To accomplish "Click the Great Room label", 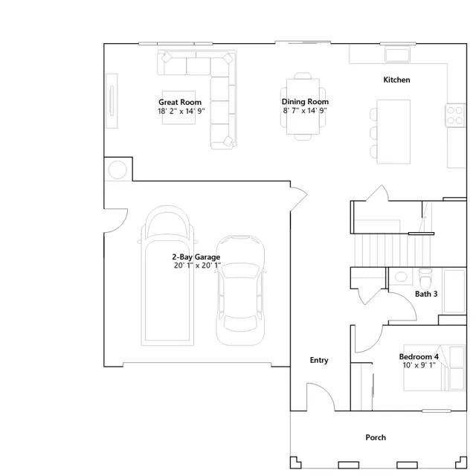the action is point(180,102).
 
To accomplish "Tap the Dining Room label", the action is point(305,101).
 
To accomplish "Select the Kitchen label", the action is point(396,80).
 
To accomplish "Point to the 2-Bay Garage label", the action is point(196,257).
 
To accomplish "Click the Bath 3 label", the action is point(426,294).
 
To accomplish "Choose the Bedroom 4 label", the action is point(419,356).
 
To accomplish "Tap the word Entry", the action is point(319,360).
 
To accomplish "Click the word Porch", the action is point(376,437).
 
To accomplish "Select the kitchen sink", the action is point(397,54).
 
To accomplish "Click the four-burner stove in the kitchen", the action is point(455,115).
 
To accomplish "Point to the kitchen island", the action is point(393,132).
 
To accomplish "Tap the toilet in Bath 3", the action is point(425,279).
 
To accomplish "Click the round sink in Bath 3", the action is point(401,277).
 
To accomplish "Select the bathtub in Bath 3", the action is point(454,291).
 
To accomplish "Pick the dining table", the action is point(303,106).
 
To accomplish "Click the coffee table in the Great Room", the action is point(178,107).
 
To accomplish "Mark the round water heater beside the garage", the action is point(118,170).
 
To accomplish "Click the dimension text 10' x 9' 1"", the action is point(419,365).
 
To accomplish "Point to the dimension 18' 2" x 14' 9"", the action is point(181,111).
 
